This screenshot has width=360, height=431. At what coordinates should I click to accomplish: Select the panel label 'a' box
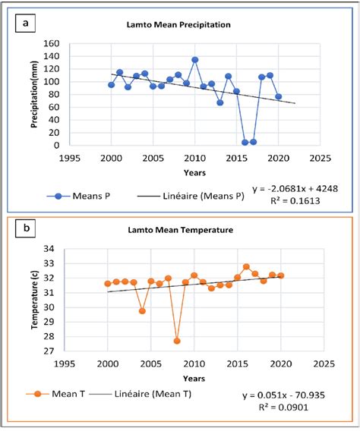coord(27,23)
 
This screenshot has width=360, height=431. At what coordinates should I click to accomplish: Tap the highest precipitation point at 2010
coord(195,59)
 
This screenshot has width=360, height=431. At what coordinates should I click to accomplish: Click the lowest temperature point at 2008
coord(177,341)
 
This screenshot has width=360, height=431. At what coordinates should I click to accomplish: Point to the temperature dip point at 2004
coord(143,311)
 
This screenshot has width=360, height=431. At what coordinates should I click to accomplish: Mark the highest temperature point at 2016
coord(246,266)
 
